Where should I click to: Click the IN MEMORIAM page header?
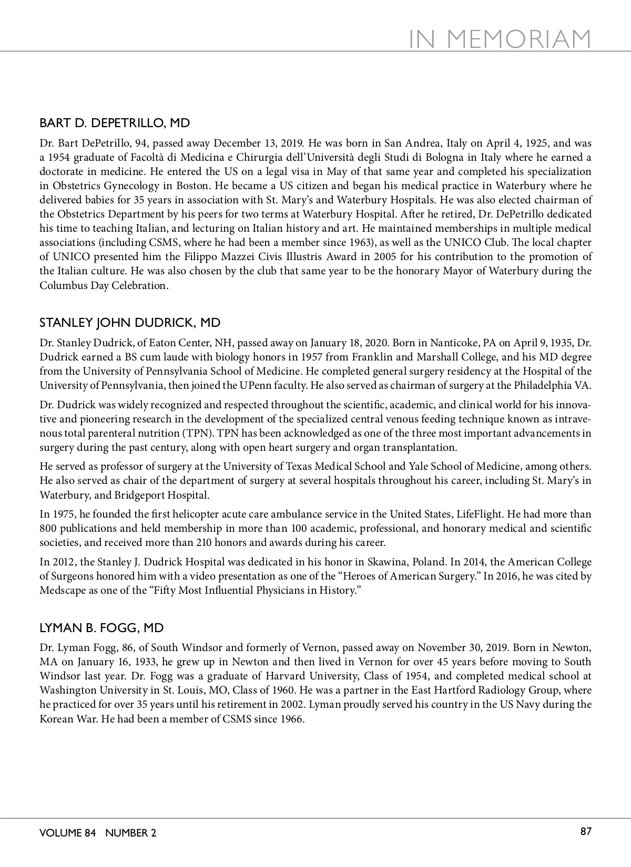click(x=500, y=39)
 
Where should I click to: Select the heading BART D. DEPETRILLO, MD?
click(x=115, y=123)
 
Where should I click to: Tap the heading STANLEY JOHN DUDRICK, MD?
click(x=130, y=323)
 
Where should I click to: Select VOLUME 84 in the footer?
click(x=68, y=833)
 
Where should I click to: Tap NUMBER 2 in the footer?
click(x=130, y=833)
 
